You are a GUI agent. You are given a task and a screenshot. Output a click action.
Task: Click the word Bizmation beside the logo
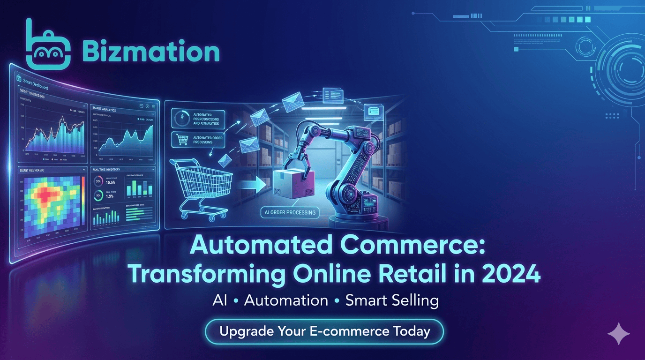click(x=150, y=52)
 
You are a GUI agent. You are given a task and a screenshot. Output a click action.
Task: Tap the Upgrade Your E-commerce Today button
click(x=324, y=331)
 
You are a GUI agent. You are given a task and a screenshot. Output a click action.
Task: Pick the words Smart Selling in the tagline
click(x=392, y=300)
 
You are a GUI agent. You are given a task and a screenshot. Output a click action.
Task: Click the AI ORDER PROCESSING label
click(x=289, y=212)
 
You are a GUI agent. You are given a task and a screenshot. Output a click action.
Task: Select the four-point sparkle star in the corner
click(x=618, y=333)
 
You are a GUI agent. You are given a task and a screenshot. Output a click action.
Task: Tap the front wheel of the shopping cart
click(x=184, y=215)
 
